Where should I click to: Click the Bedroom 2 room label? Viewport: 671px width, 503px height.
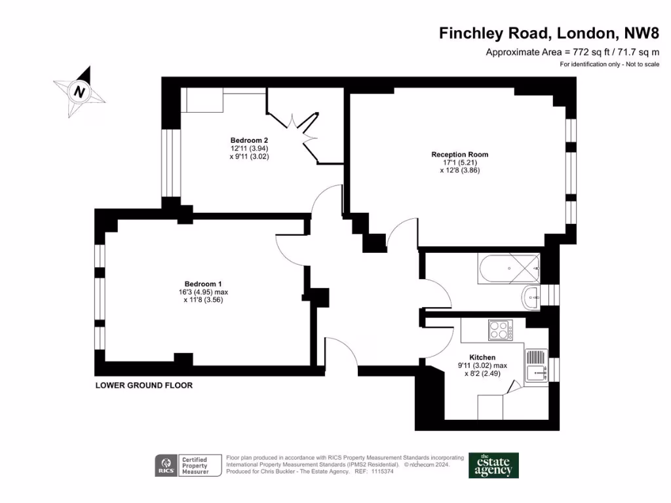pyautogui.click(x=249, y=140)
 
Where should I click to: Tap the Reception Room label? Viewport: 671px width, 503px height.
pyautogui.click(x=459, y=155)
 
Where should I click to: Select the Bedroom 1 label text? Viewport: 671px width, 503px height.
pyautogui.click(x=203, y=284)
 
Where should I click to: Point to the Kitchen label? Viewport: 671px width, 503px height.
pyautogui.click(x=482, y=357)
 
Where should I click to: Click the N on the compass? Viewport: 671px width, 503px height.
pyautogui.click(x=79, y=91)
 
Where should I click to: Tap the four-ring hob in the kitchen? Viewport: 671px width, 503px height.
pyautogui.click(x=501, y=330)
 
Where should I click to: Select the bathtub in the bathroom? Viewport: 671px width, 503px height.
pyautogui.click(x=508, y=268)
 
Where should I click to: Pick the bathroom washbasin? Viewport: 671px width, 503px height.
pyautogui.click(x=531, y=297)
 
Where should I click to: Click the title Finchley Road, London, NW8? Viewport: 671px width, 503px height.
pyautogui.click(x=549, y=33)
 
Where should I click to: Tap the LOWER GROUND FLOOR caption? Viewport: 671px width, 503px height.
pyautogui.click(x=144, y=385)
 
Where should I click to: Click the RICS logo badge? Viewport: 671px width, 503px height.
pyautogui.click(x=166, y=466)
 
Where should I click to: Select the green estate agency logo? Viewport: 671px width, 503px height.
pyautogui.click(x=493, y=466)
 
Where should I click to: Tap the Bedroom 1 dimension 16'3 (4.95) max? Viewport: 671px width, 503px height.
pyautogui.click(x=203, y=292)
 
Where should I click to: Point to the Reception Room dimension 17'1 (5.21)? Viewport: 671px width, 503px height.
pyautogui.click(x=460, y=162)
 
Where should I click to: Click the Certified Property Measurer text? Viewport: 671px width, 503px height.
pyautogui.click(x=195, y=466)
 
